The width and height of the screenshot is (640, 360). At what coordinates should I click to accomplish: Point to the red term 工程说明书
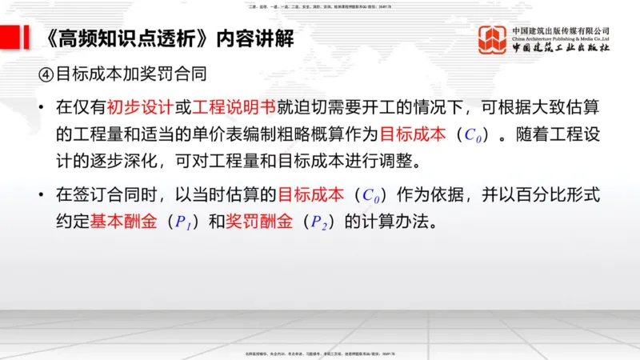[x=215, y=106]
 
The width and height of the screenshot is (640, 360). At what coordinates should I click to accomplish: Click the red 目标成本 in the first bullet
[x=406, y=134]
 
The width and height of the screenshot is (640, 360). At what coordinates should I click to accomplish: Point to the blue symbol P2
[x=325, y=222]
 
